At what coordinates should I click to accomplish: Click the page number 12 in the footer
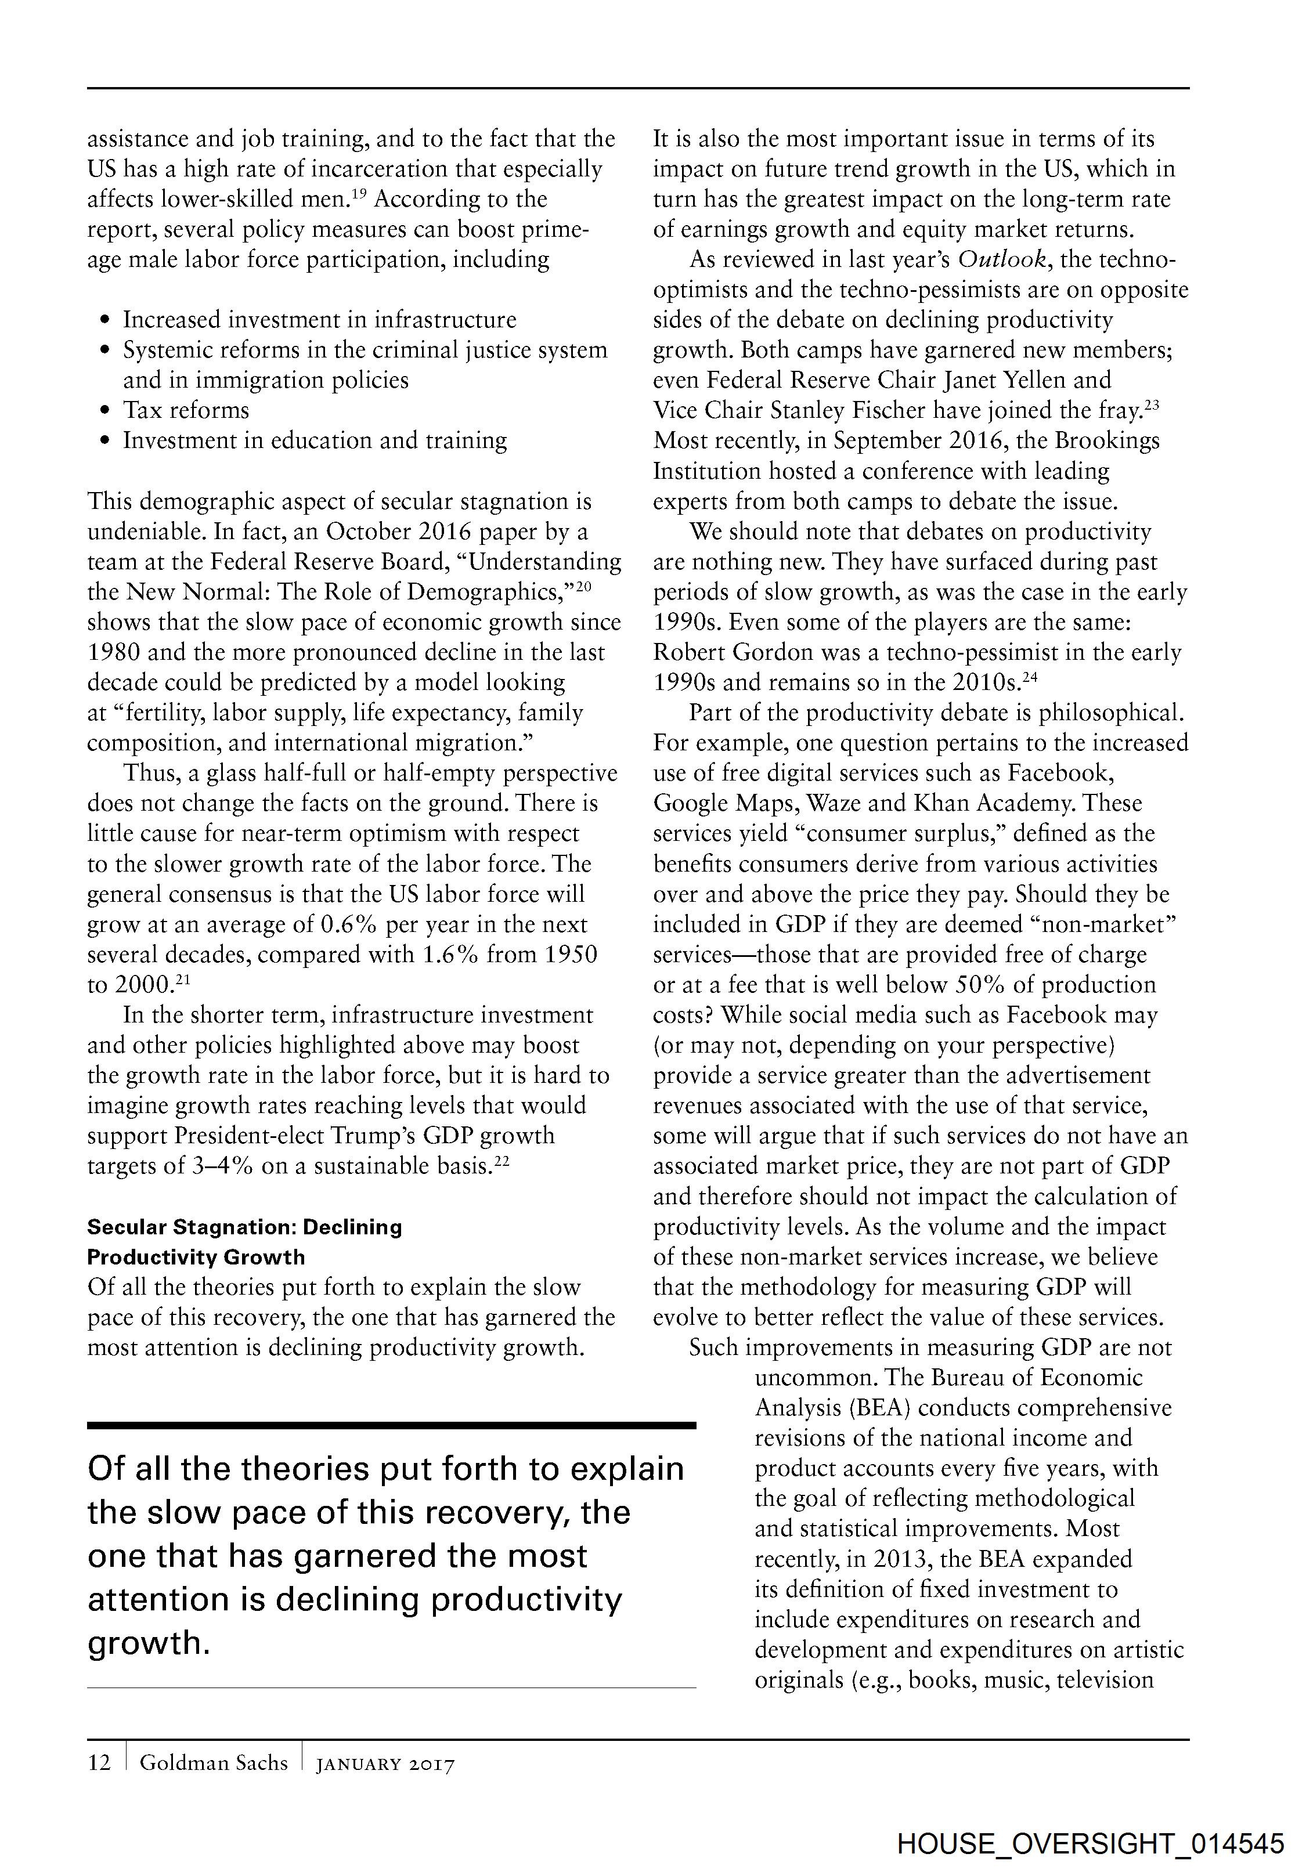pos(99,1762)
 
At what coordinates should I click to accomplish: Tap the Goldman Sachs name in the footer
pos(213,1762)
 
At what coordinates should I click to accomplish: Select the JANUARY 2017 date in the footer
pos(385,1764)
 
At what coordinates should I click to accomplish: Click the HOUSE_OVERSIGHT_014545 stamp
pos(1091,1844)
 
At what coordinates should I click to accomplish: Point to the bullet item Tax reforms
pos(186,410)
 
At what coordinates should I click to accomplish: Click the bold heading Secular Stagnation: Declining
pos(244,1227)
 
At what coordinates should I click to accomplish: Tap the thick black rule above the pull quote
pos(391,1425)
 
